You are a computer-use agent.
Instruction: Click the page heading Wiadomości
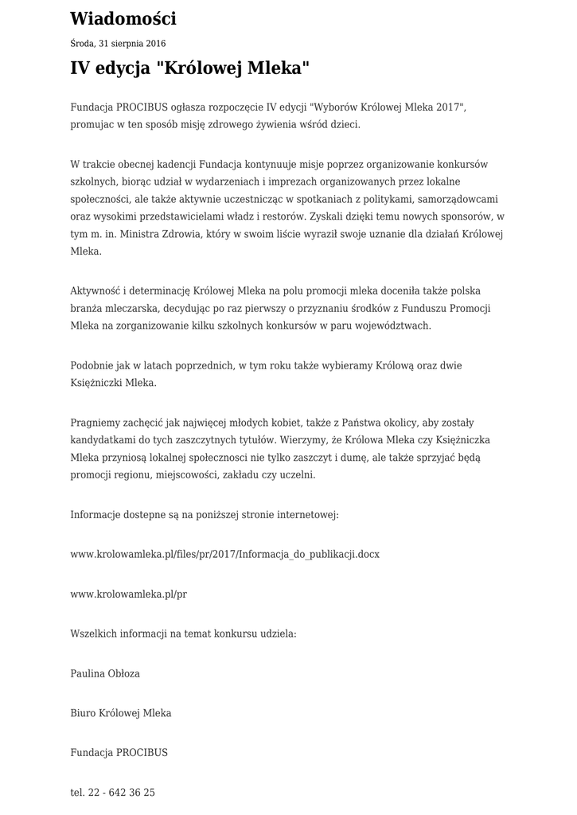pyautogui.click(x=123, y=18)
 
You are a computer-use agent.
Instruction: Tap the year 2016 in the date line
pyautogui.click(x=154, y=44)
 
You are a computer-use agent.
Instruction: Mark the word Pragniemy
pyautogui.click(x=96, y=422)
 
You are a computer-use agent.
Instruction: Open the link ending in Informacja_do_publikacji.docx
pyautogui.click(x=225, y=554)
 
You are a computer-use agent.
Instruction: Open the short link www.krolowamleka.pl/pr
pyautogui.click(x=129, y=594)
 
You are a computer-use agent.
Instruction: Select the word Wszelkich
pyautogui.click(x=93, y=634)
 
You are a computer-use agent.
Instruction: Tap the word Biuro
pyautogui.click(x=83, y=712)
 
